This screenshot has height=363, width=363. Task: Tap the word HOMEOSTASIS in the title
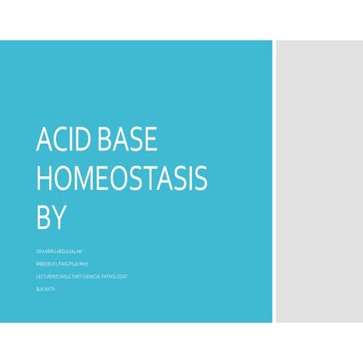pos(121,178)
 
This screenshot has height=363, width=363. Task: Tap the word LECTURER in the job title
pos(48,277)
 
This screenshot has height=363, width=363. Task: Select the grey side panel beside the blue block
pos(318,181)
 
